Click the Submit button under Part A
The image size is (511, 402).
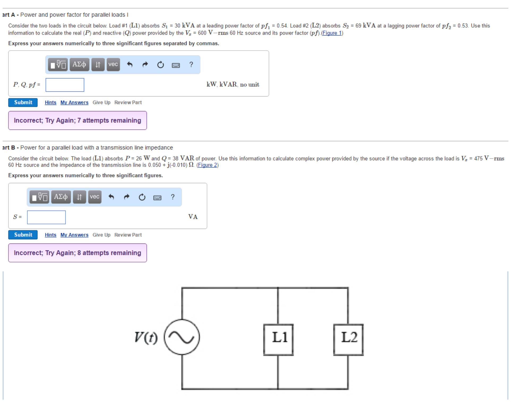[23, 103]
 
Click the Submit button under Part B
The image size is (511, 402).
[23, 235]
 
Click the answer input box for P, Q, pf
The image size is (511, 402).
[65, 85]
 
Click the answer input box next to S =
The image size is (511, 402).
[46, 217]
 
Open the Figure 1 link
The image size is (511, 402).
[332, 33]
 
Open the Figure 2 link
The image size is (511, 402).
[207, 165]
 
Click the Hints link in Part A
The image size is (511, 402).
[50, 103]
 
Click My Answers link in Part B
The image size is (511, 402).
[74, 235]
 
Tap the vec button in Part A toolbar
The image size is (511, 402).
[113, 64]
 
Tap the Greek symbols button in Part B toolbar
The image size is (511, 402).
[61, 197]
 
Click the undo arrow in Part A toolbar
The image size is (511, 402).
[130, 64]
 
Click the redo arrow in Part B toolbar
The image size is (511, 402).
[127, 197]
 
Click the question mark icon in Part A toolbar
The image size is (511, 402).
[191, 64]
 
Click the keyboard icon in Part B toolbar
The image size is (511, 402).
[157, 197]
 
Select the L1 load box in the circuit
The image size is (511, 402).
[278, 339]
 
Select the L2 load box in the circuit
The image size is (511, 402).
[349, 339]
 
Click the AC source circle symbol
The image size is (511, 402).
[182, 337]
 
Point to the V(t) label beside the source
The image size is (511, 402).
[146, 338]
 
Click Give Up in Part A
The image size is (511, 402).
[101, 103]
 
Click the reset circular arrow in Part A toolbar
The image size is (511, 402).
[160, 65]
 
